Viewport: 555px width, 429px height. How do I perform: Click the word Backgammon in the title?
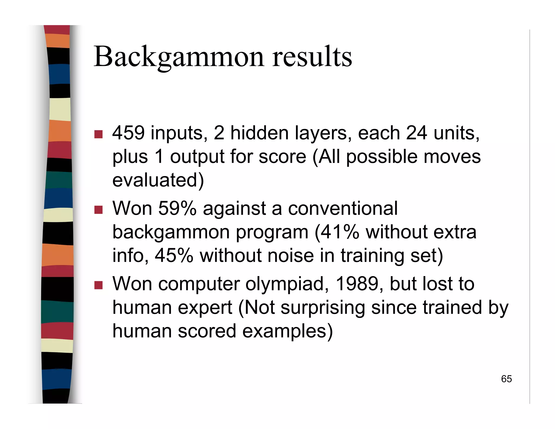179,57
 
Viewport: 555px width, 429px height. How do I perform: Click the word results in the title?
312,57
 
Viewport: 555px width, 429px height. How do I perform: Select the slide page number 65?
506,379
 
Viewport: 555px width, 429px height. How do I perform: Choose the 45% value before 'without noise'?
174,255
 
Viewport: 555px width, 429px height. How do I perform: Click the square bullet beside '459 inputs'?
98,134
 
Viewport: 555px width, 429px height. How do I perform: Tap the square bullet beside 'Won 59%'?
98,210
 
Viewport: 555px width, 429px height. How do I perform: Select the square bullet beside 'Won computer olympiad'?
98,285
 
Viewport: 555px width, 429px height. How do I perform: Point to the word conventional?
343,208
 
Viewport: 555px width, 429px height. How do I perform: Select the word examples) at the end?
287,331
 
